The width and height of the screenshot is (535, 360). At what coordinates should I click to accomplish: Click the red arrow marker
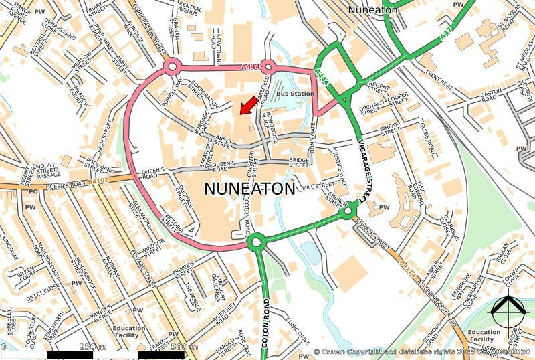[247, 104]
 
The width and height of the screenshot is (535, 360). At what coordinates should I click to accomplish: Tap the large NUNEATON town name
[249, 189]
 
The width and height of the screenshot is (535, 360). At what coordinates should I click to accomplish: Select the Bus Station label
[295, 94]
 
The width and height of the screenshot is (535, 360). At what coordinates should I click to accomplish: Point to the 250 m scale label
[93, 347]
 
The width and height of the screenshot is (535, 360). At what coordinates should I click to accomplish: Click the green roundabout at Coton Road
[255, 242]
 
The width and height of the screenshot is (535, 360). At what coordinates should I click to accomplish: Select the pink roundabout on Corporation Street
[171, 66]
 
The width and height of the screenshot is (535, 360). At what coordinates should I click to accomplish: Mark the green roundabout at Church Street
[348, 212]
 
